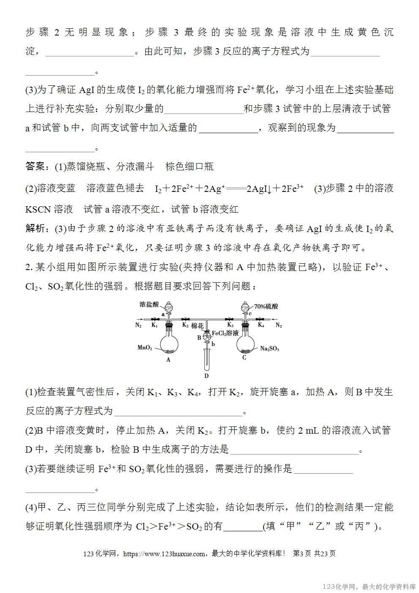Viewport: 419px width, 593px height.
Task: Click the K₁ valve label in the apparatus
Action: coord(155,325)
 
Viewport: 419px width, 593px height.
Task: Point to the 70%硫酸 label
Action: coord(266,306)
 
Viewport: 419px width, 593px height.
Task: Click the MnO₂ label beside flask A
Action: coord(144,348)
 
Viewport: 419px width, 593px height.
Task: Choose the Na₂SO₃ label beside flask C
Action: coord(269,349)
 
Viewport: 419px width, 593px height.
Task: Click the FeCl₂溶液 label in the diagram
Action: coord(225,333)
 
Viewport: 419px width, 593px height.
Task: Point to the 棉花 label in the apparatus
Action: coord(197,326)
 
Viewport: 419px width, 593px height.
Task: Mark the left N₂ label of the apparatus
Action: coord(139,325)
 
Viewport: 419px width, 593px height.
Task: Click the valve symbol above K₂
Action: coord(185,319)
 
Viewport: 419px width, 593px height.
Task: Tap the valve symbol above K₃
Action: coord(230,319)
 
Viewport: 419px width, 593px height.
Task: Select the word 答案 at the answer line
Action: coord(35,167)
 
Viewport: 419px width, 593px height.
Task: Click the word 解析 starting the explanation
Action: coord(35,229)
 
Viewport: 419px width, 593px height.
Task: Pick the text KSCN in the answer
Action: coord(37,209)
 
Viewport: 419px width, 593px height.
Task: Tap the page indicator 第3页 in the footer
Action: coord(302,554)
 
